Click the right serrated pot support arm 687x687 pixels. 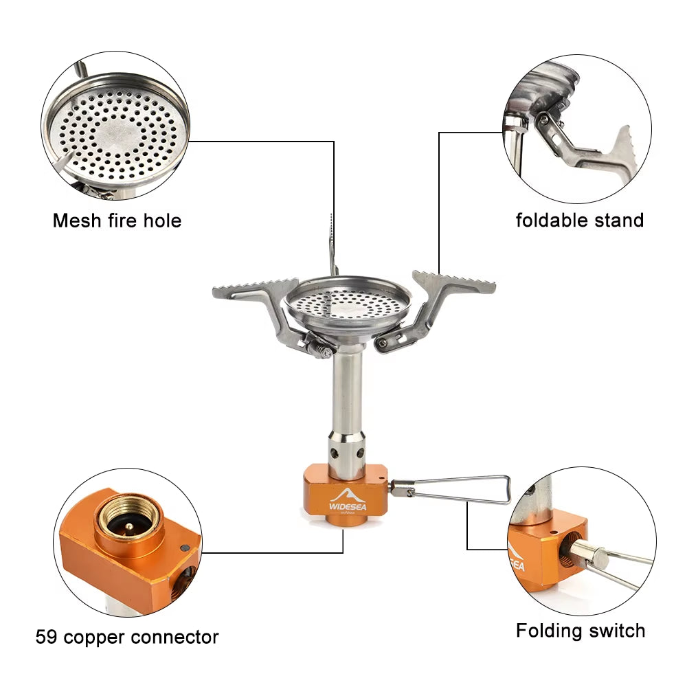[454, 283]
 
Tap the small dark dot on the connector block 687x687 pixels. [184, 548]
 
